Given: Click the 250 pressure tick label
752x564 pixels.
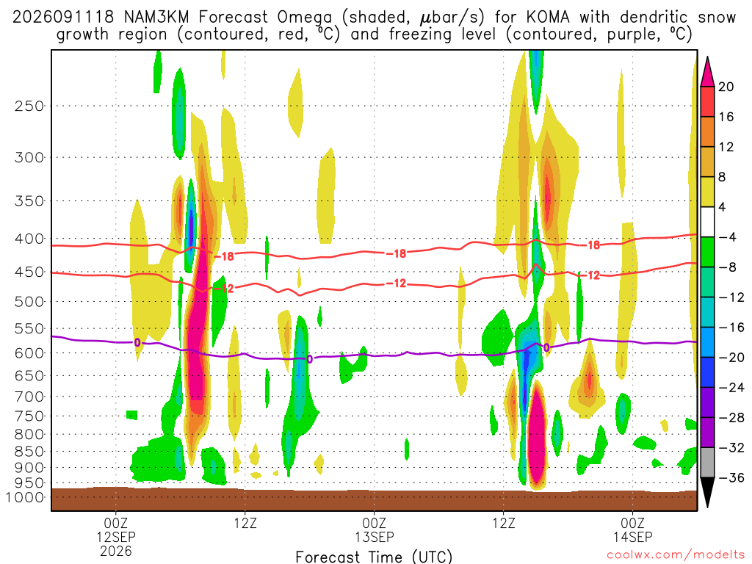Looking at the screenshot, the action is (29, 106).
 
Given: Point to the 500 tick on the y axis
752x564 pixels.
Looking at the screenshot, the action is (29, 302).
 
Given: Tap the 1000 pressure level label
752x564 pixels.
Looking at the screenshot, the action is (25, 497).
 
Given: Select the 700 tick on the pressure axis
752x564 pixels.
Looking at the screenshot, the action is (29, 397).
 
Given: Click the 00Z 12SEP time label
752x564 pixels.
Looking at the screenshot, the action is (116, 529).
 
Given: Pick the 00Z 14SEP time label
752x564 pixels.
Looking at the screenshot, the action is (632, 529).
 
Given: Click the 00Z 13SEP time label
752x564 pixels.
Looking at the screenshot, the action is (374, 529).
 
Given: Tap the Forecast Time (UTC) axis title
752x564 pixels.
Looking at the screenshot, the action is (374, 557).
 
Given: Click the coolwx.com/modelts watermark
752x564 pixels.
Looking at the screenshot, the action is (676, 555).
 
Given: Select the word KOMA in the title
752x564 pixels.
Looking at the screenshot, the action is (548, 18).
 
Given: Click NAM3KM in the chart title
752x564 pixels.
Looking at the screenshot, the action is (156, 18).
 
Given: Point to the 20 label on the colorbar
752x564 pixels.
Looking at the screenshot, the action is (726, 87).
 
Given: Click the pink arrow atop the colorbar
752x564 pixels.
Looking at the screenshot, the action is (707, 72).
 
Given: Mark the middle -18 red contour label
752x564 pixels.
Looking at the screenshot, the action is (397, 253).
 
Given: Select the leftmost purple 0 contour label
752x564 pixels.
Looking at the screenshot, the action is (137, 342).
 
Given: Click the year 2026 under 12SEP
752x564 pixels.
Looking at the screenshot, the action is (116, 551).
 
